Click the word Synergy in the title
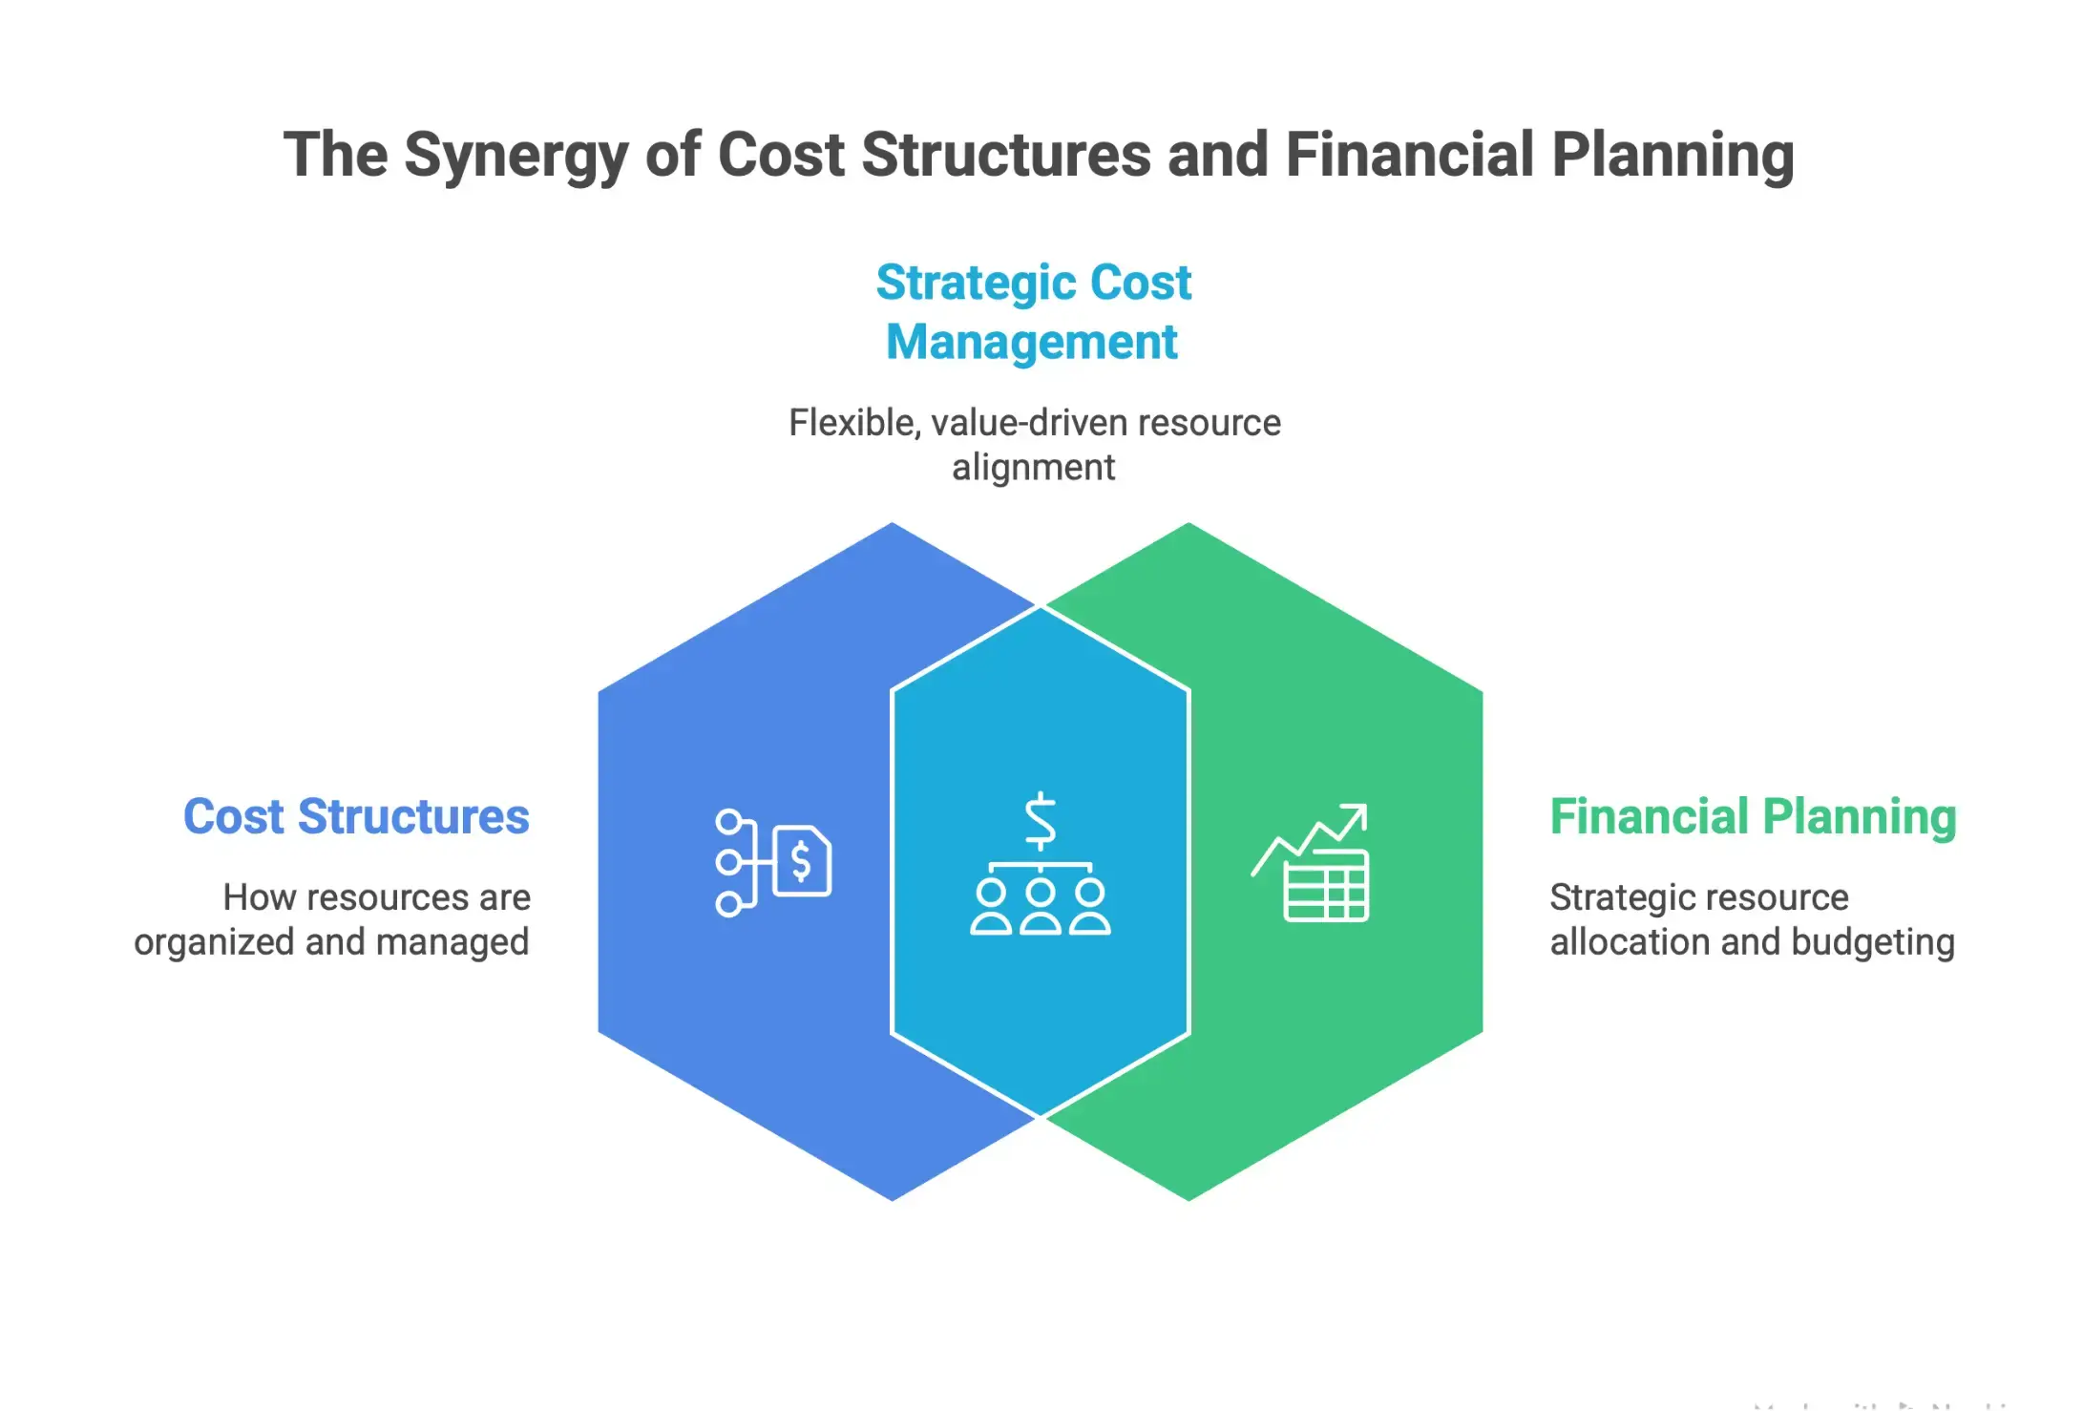point(515,157)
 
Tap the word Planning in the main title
point(1673,155)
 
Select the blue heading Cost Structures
point(356,817)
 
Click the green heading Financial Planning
point(1753,817)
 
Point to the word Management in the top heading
point(1032,342)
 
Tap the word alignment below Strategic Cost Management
point(1033,468)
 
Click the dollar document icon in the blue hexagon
point(802,861)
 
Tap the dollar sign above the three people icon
point(1040,821)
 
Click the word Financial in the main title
point(1409,155)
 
